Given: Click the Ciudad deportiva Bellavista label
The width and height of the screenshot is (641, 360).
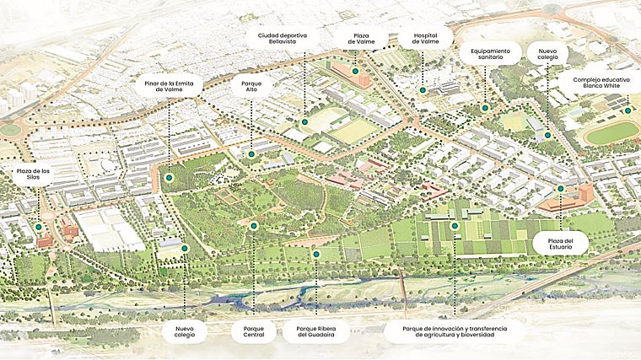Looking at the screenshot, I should tap(283, 40).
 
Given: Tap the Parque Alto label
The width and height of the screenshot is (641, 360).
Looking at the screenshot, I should tap(252, 88).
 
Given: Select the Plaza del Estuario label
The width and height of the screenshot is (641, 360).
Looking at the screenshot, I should tap(559, 244).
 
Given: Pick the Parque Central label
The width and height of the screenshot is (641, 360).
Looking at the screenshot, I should tap(253, 331).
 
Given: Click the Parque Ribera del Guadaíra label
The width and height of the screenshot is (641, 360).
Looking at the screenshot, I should tap(316, 331).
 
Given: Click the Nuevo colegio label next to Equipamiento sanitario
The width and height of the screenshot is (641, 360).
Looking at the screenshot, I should tap(547, 55).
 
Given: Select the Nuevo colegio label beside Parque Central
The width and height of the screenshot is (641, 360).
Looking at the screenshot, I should tap(185, 331).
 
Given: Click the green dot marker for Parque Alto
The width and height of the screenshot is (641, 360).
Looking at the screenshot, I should tap(251, 154).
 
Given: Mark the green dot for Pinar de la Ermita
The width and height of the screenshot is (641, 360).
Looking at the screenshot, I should tap(170, 178).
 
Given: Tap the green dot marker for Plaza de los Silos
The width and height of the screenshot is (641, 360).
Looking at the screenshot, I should tap(39, 227).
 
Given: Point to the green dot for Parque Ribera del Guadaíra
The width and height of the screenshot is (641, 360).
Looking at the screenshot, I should tap(316, 254).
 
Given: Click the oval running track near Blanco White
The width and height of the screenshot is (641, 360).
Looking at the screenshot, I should tap(613, 132).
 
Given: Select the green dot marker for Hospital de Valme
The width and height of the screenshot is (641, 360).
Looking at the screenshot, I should tap(423, 89).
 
